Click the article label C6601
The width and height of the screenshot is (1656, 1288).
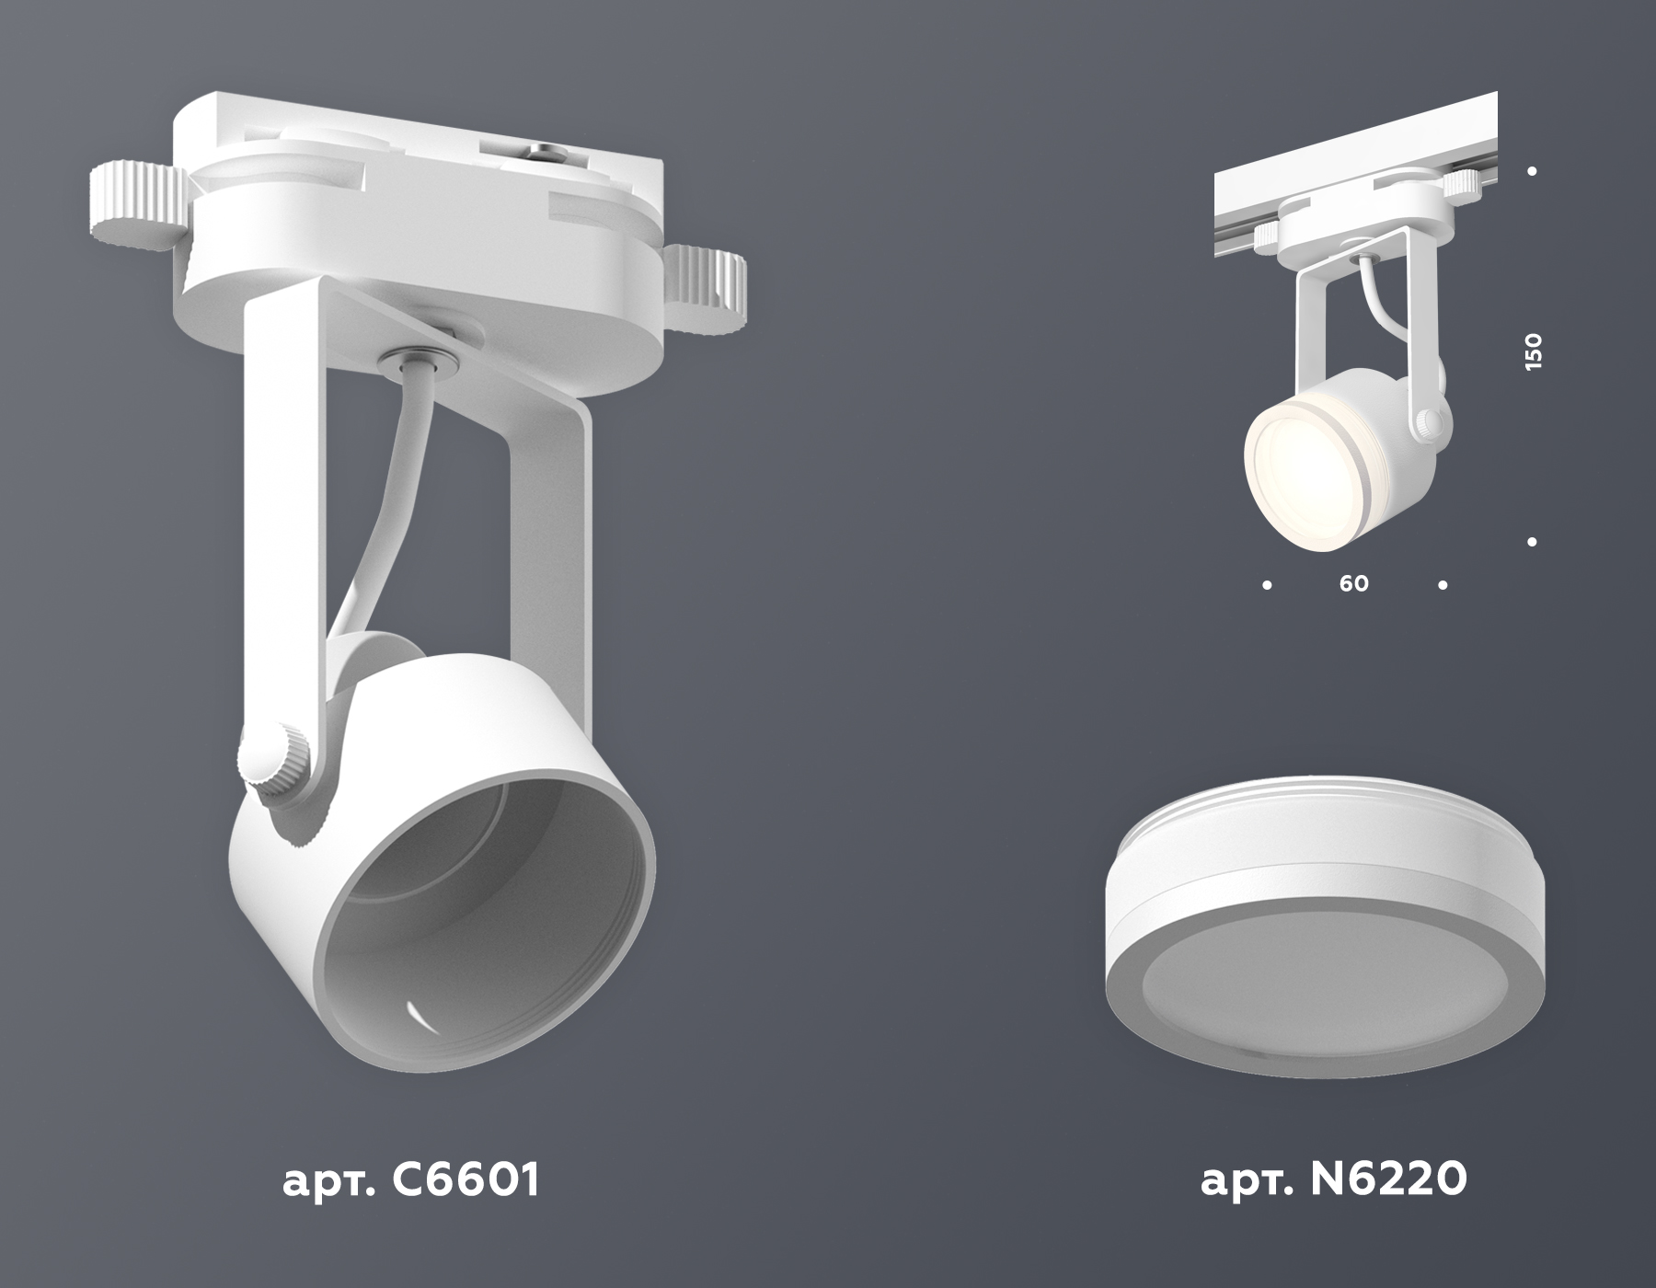coord(410,1180)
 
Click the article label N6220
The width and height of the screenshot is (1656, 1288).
coord(1333,1180)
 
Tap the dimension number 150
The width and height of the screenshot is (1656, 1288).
coord(1533,352)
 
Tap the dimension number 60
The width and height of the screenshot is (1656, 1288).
coord(1354,584)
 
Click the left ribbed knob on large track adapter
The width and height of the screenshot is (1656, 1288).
coord(133,207)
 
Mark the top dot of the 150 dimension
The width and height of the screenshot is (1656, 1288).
coord(1532,171)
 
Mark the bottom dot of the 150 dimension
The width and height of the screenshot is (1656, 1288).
coord(1532,543)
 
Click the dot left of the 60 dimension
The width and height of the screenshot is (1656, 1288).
coord(1268,584)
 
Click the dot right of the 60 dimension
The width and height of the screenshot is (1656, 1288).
coord(1443,584)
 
